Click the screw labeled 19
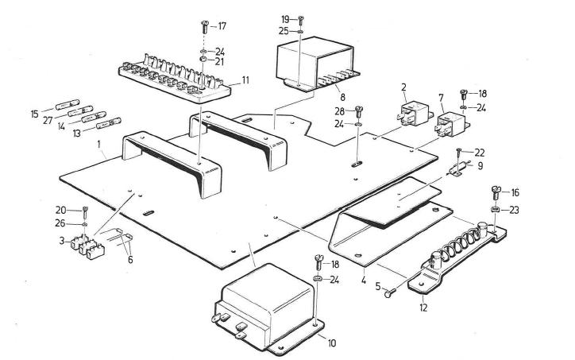point(302,20)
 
